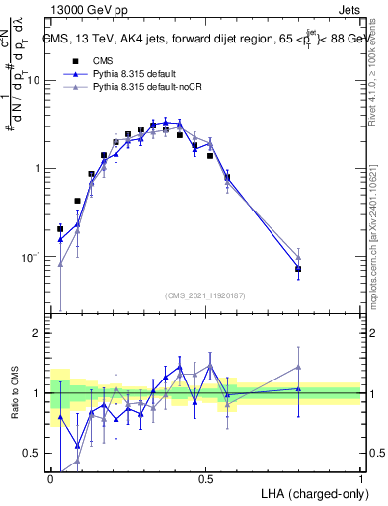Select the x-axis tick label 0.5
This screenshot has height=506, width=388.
click(x=205, y=478)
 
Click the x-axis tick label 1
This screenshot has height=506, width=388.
click(x=361, y=478)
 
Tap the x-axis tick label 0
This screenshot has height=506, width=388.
click(x=50, y=478)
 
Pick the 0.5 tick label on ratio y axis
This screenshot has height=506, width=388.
click(x=33, y=453)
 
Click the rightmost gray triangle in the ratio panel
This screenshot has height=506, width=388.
click(x=299, y=367)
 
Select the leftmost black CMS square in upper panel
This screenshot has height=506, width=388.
click(x=60, y=228)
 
